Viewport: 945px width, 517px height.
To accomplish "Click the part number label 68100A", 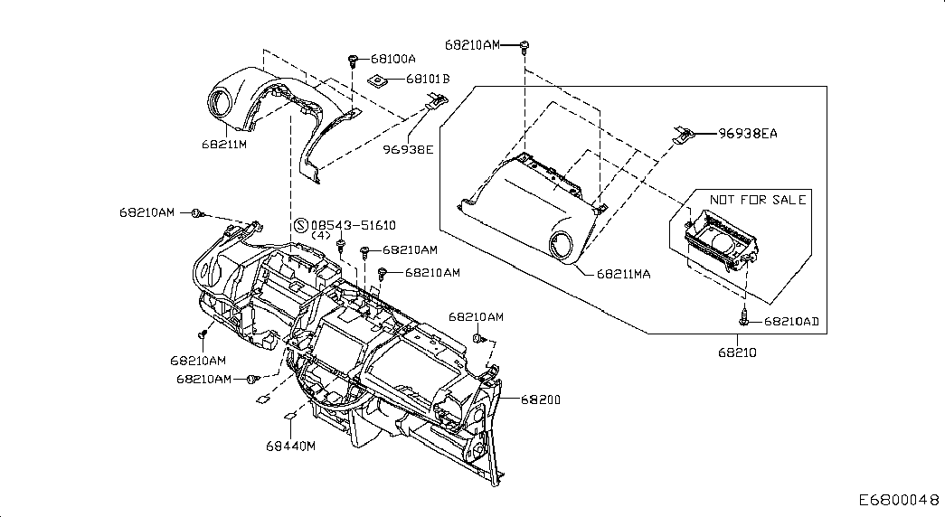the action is (x=393, y=59).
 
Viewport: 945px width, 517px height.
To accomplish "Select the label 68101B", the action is (x=428, y=79).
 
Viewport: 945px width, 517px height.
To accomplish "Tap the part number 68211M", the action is (x=224, y=145).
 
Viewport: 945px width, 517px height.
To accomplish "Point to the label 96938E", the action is (x=408, y=149).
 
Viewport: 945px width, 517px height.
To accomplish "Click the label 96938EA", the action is (x=747, y=134).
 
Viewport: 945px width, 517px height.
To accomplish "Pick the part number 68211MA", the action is (x=624, y=274).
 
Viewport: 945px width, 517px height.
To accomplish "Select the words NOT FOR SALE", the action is (x=758, y=200).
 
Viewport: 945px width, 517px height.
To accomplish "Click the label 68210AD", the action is (x=791, y=322).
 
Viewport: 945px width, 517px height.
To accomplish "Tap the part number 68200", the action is (x=541, y=399).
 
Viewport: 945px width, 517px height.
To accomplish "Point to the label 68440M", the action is (x=290, y=446).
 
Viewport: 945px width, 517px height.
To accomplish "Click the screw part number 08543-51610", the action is (x=354, y=225).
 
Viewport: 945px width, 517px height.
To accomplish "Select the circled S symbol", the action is (x=301, y=225).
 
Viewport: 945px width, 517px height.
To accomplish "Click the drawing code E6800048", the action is (x=899, y=500).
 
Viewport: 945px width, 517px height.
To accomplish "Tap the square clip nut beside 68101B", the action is (x=377, y=80).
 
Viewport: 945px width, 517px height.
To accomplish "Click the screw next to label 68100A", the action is (x=353, y=60).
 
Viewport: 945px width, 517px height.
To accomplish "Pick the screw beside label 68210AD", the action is (x=743, y=317).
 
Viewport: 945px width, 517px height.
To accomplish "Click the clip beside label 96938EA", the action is (x=684, y=135).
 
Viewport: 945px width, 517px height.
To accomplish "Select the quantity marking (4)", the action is (x=321, y=236).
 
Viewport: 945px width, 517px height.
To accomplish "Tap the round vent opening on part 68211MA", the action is (x=563, y=247).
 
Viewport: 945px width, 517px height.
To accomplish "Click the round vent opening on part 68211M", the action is (x=222, y=99).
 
